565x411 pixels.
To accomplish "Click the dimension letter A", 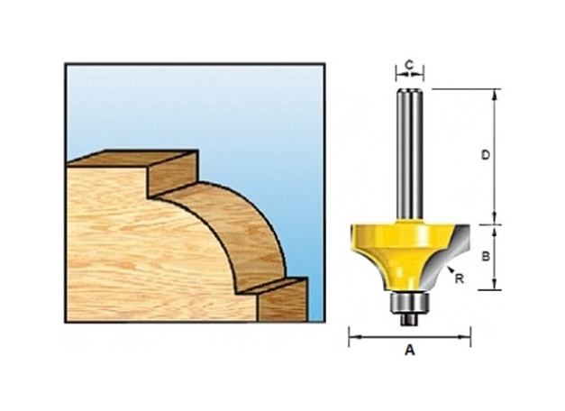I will [410, 352].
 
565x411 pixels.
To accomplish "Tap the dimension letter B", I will [485, 257].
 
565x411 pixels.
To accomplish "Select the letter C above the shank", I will [409, 65].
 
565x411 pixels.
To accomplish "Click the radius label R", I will [460, 279].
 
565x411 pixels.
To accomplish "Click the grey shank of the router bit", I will [409, 153].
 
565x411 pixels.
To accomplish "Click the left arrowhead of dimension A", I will [352, 337].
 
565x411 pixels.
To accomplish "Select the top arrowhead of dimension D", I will [496, 93].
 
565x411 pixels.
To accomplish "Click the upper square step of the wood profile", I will [171, 176].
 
